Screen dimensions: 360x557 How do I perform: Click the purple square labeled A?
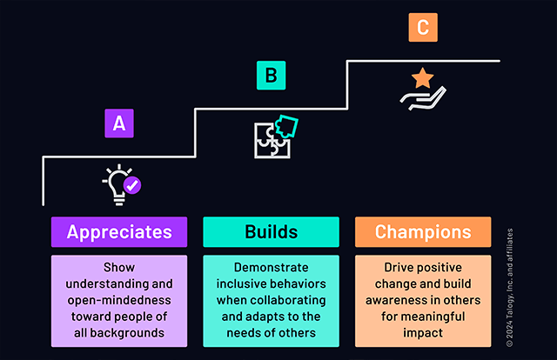coord(118,123)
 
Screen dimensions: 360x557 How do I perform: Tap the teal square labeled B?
coord(271,76)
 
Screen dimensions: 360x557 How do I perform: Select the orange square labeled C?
coord(422,27)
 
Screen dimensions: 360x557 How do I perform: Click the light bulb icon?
coord(117,183)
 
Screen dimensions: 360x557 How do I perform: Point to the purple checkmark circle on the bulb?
coord(132,185)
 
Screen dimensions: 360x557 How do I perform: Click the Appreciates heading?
coord(119,232)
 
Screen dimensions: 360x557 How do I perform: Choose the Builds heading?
coord(271,232)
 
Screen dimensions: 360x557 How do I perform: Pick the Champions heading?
coord(422,232)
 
